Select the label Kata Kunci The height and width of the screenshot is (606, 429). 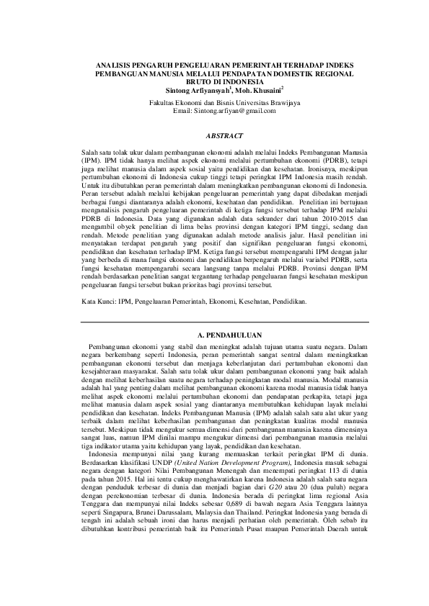coord(99,302)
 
